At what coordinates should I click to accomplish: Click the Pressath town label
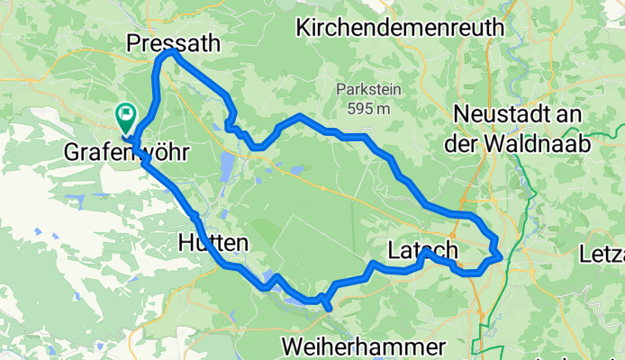pos(174,42)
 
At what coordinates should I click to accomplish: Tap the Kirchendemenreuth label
pos(400,27)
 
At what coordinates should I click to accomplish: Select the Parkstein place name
pos(365,90)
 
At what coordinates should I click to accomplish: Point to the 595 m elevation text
pos(365,109)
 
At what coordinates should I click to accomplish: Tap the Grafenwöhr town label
pos(126,153)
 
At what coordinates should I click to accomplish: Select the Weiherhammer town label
pos(364,346)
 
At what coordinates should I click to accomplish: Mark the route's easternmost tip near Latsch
pos(500,257)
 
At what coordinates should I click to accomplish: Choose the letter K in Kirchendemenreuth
pos(303,27)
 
